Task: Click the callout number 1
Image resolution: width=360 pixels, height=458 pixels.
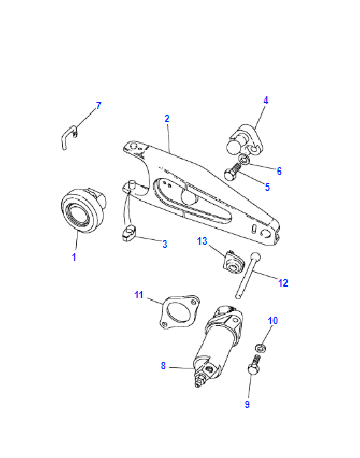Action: coord(74,257)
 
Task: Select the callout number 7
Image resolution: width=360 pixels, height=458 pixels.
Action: coord(98,106)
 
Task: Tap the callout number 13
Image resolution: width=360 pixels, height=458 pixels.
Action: coord(202,241)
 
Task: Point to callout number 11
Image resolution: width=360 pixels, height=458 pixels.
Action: coord(139,295)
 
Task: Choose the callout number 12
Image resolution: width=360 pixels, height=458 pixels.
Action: coord(283,283)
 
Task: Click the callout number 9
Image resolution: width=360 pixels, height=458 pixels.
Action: coord(247,404)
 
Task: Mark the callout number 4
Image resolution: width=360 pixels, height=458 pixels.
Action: coord(266,100)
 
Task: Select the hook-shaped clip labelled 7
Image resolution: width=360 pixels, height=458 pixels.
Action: coord(69,135)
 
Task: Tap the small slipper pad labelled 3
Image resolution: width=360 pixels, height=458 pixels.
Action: coord(128,232)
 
